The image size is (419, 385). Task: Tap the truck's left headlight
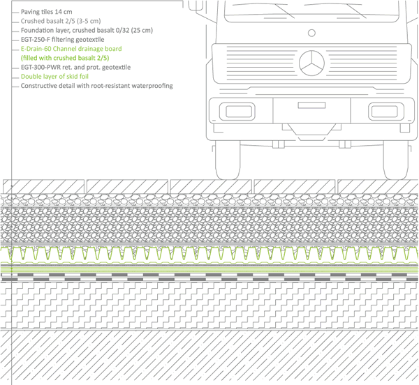[231, 110]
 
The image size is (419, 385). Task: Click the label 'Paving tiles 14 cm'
[51, 12]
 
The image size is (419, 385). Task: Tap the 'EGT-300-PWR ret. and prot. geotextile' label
[80, 68]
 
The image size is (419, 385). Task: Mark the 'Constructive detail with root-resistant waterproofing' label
[97, 86]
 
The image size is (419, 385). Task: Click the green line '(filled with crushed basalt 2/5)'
[70, 59]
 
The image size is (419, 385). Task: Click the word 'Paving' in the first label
[31, 12]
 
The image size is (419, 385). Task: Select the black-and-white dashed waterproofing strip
[209, 277]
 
